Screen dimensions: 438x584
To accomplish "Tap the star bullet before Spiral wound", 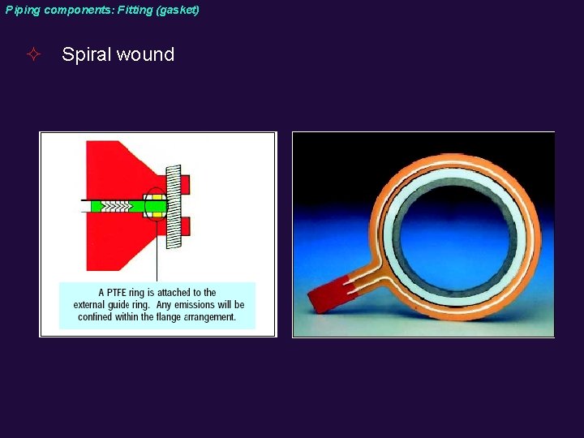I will click(x=33, y=55).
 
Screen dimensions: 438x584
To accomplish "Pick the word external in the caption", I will click(x=91, y=305).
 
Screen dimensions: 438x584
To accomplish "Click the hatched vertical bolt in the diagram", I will click(x=174, y=206).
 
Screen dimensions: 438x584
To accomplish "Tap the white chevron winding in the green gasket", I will click(x=122, y=206).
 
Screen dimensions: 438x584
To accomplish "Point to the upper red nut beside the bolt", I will click(x=184, y=185).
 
